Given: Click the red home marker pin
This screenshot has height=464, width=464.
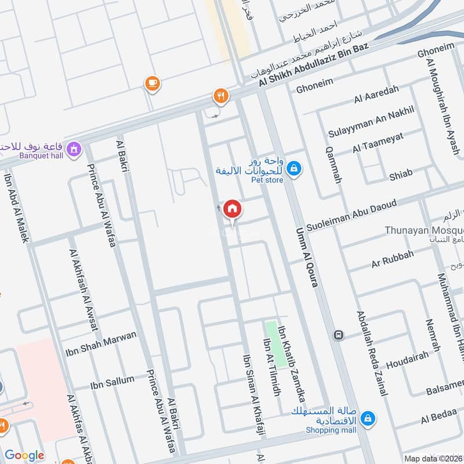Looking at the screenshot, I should (x=232, y=208).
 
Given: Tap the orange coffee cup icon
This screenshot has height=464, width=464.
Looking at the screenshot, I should (x=153, y=84).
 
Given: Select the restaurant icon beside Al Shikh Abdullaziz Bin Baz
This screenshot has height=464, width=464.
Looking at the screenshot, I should (x=220, y=96).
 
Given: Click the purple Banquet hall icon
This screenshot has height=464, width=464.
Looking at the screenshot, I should (x=74, y=149).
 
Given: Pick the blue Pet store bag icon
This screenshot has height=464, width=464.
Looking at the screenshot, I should (x=295, y=168).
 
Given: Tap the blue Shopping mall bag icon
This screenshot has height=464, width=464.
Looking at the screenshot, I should (x=367, y=418).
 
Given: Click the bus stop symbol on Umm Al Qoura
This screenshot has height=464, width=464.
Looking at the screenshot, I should (x=338, y=335).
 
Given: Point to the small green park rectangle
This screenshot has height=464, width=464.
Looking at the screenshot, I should (x=275, y=343).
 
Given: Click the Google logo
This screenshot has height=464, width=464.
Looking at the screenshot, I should (x=24, y=455).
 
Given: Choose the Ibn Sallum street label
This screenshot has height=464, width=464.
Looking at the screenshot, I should (x=112, y=383).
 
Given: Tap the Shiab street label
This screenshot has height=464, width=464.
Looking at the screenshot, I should (x=401, y=173).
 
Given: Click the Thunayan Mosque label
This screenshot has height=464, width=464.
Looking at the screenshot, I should (x=424, y=230).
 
